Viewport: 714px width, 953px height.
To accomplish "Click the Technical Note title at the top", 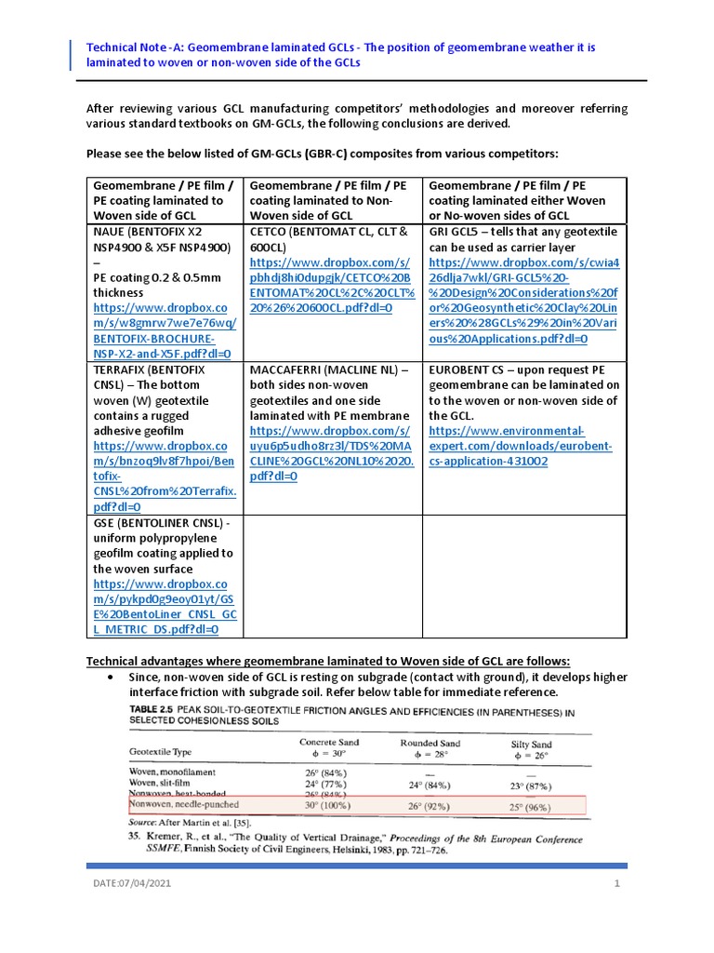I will tap(354, 54).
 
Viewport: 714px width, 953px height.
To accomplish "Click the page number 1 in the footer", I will tap(616, 883).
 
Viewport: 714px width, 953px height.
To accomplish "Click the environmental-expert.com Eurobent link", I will tap(520, 446).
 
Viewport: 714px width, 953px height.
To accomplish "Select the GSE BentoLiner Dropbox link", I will tap(165, 607).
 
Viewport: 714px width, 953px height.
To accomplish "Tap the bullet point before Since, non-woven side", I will tap(112, 677).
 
